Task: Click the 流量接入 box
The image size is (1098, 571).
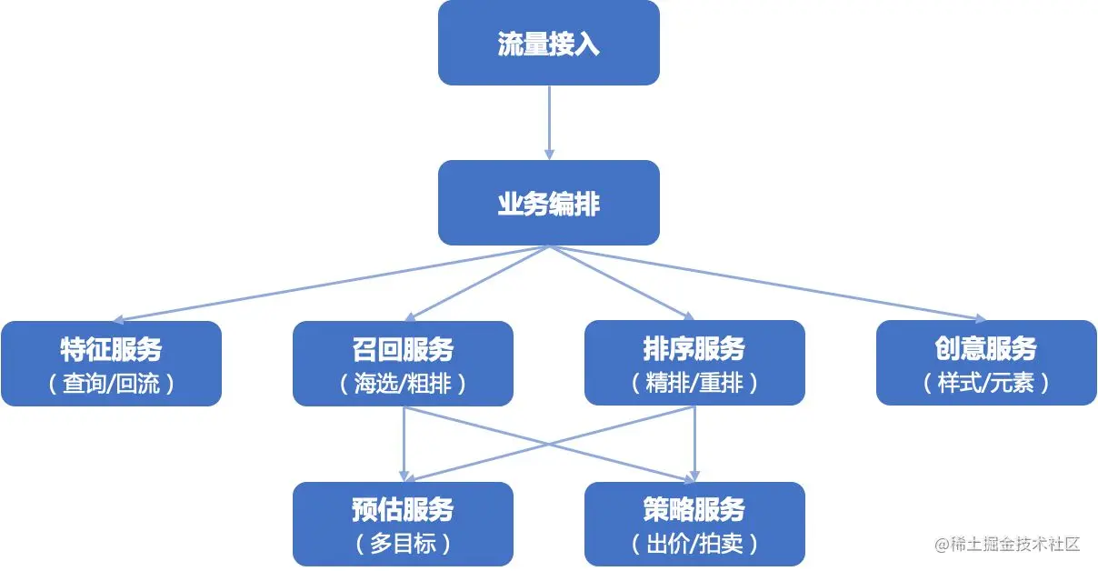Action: coord(548,43)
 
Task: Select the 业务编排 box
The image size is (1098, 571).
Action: coord(548,203)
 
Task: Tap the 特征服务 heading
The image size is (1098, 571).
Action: coord(111,349)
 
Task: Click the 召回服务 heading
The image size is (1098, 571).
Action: coord(403,349)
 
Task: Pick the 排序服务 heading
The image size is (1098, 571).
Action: coord(694,349)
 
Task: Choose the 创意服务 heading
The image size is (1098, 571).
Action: coord(986,349)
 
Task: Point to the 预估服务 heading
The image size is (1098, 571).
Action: coord(403,510)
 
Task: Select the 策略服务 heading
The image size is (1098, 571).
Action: coord(694,510)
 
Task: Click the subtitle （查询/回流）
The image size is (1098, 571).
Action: coord(111,383)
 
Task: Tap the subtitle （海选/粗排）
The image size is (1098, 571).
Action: coord(403,383)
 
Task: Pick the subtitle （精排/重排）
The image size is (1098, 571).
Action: coord(694,383)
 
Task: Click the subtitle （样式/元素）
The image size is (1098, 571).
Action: coord(986,383)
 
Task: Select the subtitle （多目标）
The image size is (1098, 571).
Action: coord(403,544)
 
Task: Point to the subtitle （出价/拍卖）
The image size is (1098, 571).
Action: coord(694,544)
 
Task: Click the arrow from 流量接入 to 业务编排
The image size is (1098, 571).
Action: coord(549,123)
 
